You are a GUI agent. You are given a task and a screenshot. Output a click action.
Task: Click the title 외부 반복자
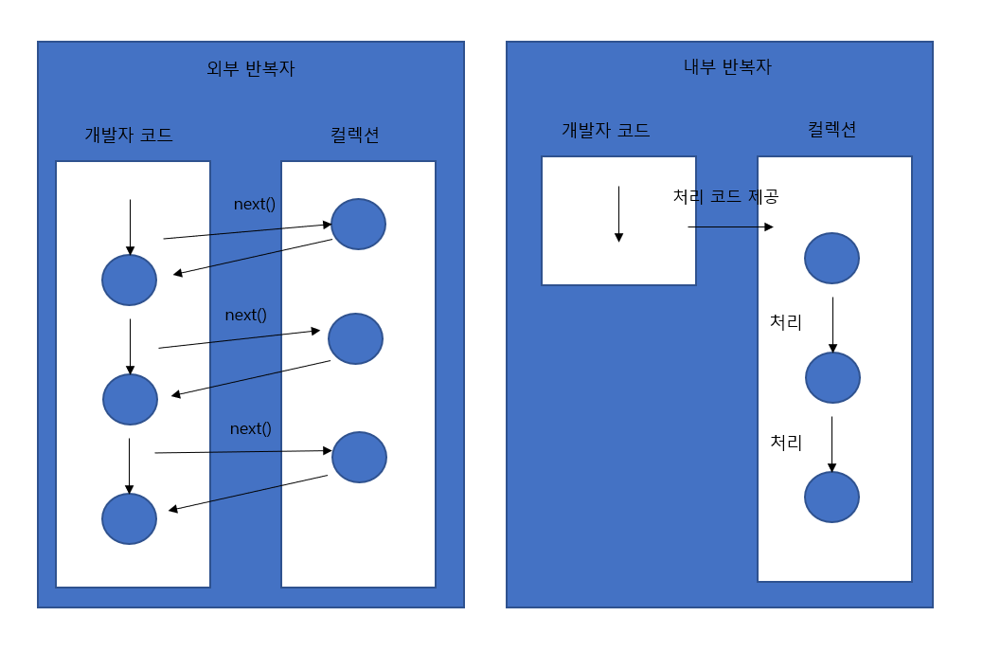point(251,69)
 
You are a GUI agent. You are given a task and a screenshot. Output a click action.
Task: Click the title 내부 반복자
point(727,67)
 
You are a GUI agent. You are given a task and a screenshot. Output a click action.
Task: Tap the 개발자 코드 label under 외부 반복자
point(129,135)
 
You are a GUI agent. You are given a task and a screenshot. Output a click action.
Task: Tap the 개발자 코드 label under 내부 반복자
point(606,130)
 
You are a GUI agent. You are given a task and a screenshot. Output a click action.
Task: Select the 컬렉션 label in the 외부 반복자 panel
point(349,135)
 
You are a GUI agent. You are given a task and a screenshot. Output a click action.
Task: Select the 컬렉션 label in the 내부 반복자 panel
point(831,130)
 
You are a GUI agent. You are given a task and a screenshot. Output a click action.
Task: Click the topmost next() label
point(255,204)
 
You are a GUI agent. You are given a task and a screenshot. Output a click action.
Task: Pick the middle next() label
point(246,315)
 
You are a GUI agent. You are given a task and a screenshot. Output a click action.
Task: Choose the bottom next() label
point(250,428)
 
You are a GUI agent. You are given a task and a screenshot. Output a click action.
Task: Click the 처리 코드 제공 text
point(725,196)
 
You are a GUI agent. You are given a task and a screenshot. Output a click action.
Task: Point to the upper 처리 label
point(786,322)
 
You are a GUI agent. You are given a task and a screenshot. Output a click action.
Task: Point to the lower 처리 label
point(786,442)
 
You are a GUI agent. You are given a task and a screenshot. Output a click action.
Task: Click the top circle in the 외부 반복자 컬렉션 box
point(358,225)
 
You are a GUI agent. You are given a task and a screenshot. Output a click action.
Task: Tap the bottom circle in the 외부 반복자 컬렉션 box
point(359,457)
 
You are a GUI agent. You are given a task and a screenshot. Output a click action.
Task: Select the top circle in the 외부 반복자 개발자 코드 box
point(129,280)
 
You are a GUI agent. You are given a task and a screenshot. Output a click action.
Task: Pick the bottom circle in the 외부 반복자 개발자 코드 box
point(129,518)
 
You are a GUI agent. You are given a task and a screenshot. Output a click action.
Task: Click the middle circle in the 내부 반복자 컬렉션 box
point(832,377)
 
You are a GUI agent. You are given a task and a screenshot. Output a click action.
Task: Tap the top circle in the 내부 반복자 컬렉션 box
point(831,258)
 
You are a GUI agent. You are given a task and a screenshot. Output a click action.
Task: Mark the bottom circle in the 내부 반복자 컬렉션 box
point(831,497)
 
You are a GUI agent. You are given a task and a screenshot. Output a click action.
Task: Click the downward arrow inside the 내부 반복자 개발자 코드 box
point(618,214)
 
